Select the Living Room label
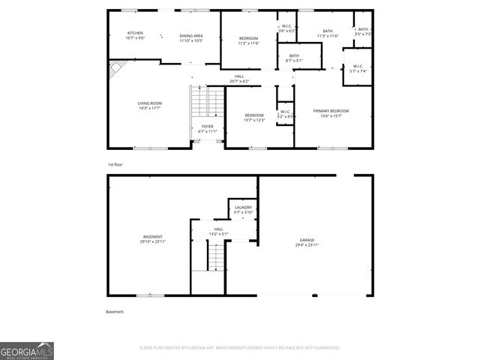150,105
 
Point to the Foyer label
208,128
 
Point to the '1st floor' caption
115,164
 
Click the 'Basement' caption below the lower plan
115,311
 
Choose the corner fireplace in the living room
115,70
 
